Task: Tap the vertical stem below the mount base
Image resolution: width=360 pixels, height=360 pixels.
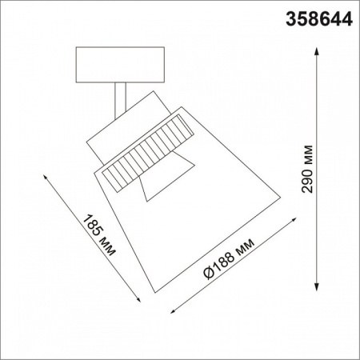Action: tap(121, 100)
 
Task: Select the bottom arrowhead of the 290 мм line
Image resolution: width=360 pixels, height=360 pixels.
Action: tap(318, 289)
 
